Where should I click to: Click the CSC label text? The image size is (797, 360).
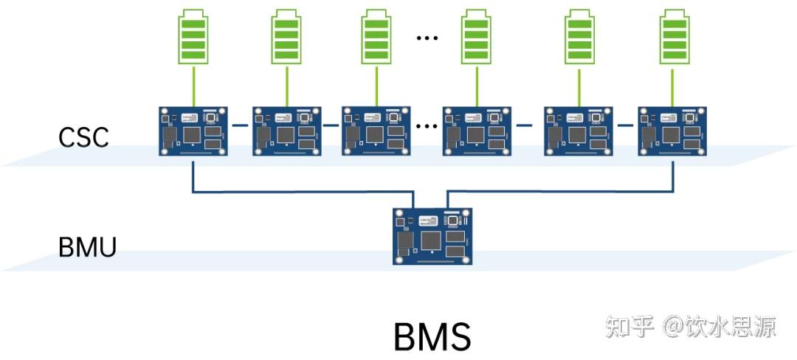coord(83,136)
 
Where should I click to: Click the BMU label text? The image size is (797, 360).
coord(87,247)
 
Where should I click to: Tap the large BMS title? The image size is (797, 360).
coord(432,337)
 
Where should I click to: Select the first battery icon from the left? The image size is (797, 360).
coord(193,36)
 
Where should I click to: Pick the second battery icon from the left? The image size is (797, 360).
coord(286,36)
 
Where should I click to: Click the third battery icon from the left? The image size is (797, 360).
coord(377,36)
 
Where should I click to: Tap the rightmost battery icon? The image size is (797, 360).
coord(673,36)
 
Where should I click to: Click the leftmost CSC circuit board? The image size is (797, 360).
coord(193,131)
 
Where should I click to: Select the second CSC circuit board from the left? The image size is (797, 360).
coord(285,131)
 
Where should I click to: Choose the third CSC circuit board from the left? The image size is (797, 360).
coord(376,130)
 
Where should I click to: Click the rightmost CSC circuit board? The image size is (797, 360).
coord(671,131)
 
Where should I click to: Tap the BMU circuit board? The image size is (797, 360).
coord(432,235)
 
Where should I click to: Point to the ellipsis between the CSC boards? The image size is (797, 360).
coord(427,125)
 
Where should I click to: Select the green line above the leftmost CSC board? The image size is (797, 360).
coord(193,86)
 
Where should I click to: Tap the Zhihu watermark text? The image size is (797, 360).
coord(690,326)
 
